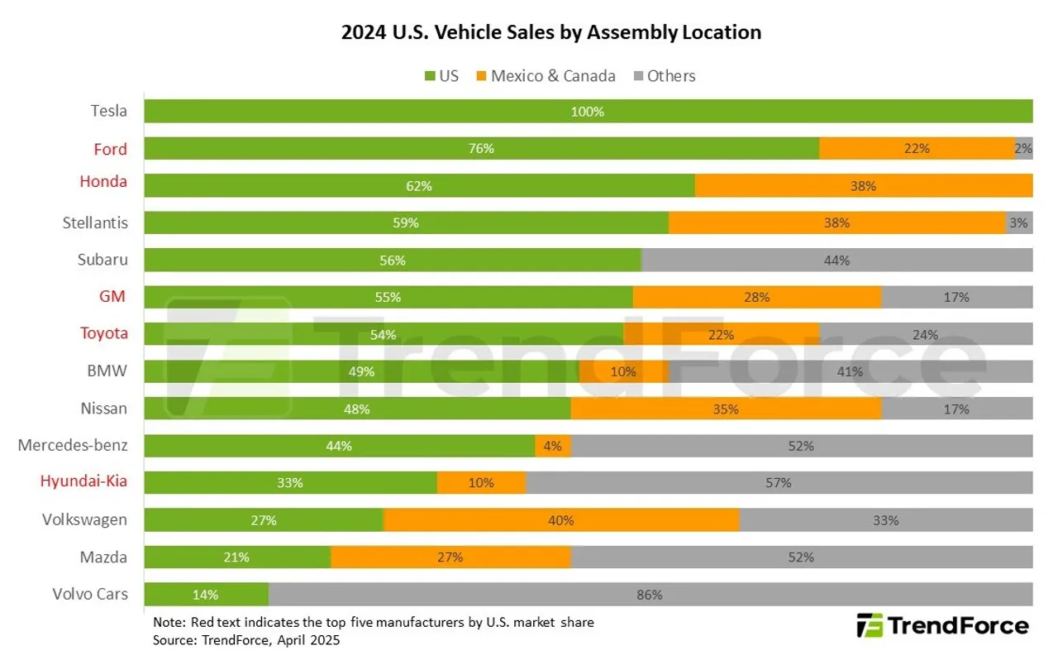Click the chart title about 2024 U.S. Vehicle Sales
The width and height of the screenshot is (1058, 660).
(550, 33)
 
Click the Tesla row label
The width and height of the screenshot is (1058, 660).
(109, 112)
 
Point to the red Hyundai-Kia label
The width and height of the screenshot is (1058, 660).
(84, 481)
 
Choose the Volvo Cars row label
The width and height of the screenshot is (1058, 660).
(90, 594)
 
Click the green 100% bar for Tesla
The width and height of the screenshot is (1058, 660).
(588, 112)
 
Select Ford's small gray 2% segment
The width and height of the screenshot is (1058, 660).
(1023, 149)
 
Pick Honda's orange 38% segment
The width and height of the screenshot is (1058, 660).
(863, 186)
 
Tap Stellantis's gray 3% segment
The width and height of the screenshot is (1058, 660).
(1019, 222)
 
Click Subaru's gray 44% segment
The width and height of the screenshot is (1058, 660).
(836, 260)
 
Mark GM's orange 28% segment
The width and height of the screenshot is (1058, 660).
(757, 297)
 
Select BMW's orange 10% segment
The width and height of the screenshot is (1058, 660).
(623, 371)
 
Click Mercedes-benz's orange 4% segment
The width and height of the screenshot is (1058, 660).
(553, 446)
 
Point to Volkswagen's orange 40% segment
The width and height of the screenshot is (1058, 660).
(561, 520)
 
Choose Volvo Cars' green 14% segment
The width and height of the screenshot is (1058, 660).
(206, 594)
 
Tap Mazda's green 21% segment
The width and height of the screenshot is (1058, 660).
(237, 557)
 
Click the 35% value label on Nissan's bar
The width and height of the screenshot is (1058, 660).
(726, 409)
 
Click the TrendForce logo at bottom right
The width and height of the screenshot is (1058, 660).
(942, 626)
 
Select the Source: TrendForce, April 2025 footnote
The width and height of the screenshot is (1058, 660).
(246, 640)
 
